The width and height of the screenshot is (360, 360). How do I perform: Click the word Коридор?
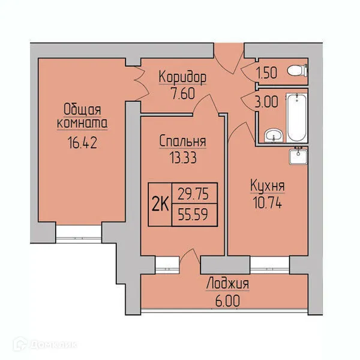tap(182, 77)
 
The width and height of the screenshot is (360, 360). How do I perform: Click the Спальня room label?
tap(182, 142)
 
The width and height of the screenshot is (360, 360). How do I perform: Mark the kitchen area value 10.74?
tap(267, 203)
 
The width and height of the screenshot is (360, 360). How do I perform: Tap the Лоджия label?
tap(227, 284)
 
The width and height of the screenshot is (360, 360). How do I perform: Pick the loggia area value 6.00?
tap(227, 299)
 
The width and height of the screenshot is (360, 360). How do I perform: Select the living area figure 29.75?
tap(193, 194)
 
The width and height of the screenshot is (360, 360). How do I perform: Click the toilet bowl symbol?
tap(296, 71)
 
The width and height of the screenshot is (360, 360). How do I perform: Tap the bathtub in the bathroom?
tap(295, 117)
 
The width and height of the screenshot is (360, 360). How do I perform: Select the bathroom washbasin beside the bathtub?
tap(273, 135)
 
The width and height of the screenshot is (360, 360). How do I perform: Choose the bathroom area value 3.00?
tap(266, 102)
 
